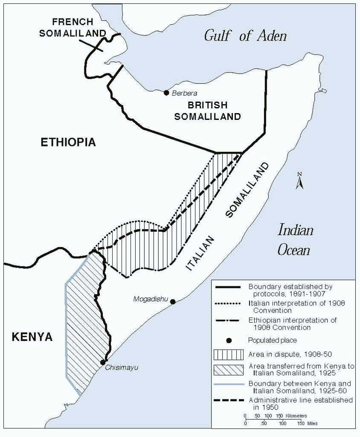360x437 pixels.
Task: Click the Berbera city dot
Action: point(166,93)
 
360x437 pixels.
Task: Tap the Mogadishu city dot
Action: point(173,302)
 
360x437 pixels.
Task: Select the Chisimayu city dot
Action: point(103,362)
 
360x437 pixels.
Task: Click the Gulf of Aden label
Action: point(245,35)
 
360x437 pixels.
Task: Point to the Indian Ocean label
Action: point(295,240)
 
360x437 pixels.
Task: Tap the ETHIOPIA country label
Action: point(68,143)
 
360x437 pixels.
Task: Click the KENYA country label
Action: point(32,337)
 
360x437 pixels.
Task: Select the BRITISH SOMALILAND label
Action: point(207,111)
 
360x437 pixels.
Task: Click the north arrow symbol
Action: point(300,181)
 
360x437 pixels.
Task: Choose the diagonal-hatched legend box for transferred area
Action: point(229,370)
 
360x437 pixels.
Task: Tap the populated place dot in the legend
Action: point(229,341)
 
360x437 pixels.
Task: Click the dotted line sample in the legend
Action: point(229,303)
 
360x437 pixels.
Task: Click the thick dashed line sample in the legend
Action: point(229,400)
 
